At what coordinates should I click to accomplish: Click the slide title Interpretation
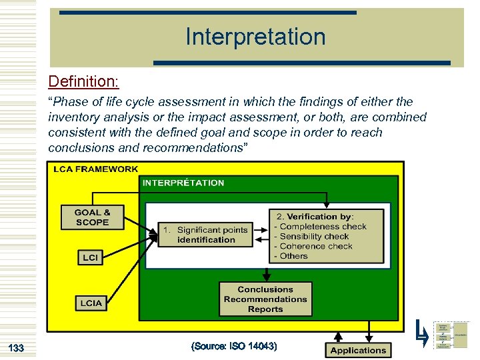click(x=255, y=37)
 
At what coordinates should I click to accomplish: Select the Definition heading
click(x=83, y=81)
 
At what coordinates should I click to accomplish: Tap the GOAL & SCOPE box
click(x=92, y=217)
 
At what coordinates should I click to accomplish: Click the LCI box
click(x=90, y=257)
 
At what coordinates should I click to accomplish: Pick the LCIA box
click(x=91, y=303)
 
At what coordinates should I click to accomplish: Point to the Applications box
click(x=358, y=350)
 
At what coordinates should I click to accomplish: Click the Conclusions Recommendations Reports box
click(x=265, y=299)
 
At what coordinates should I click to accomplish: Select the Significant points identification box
click(x=206, y=235)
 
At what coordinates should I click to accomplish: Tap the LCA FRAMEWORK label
click(x=95, y=169)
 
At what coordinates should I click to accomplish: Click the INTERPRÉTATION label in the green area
click(x=183, y=183)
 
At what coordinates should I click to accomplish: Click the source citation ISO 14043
click(x=233, y=347)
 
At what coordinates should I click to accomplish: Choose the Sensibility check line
click(x=314, y=237)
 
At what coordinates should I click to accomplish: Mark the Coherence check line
click(x=316, y=246)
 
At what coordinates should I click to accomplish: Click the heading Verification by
click(x=315, y=217)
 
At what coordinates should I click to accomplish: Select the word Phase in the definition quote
click(x=69, y=102)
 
